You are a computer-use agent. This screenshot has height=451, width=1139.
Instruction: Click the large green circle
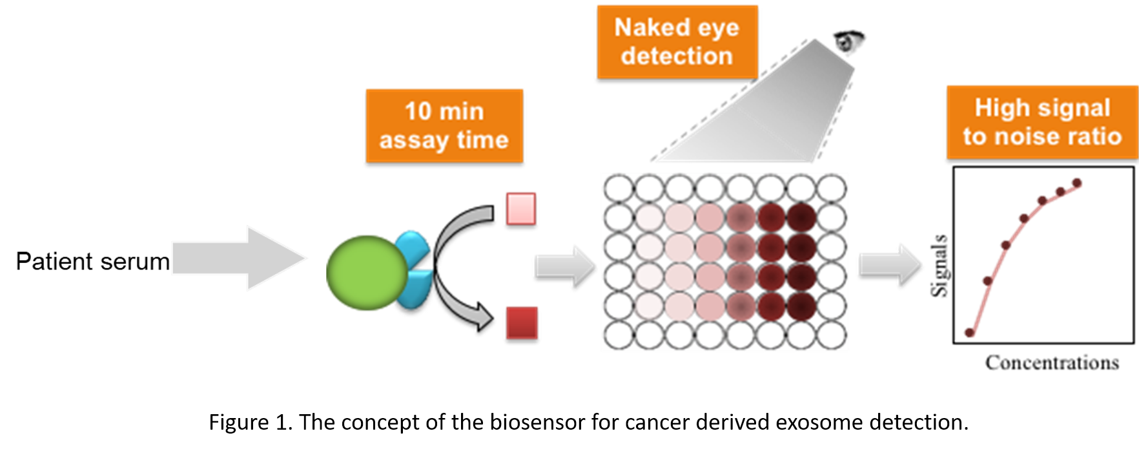pyautogui.click(x=366, y=273)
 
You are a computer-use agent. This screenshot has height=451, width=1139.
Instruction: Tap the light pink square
pyautogui.click(x=521, y=208)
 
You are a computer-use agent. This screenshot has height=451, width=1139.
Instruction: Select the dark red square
pyautogui.click(x=522, y=322)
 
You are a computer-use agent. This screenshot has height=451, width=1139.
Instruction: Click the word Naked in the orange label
pyautogui.click(x=642, y=28)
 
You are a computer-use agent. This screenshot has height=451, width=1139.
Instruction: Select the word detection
pyautogui.click(x=677, y=56)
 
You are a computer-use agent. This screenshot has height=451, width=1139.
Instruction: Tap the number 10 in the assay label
pyautogui.click(x=417, y=111)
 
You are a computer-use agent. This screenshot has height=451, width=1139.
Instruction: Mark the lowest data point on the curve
pyautogui.click(x=969, y=332)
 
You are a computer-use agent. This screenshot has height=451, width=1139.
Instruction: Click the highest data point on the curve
pyautogui.click(x=1076, y=182)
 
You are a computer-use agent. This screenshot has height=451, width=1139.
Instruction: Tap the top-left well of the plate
pyautogui.click(x=619, y=189)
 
